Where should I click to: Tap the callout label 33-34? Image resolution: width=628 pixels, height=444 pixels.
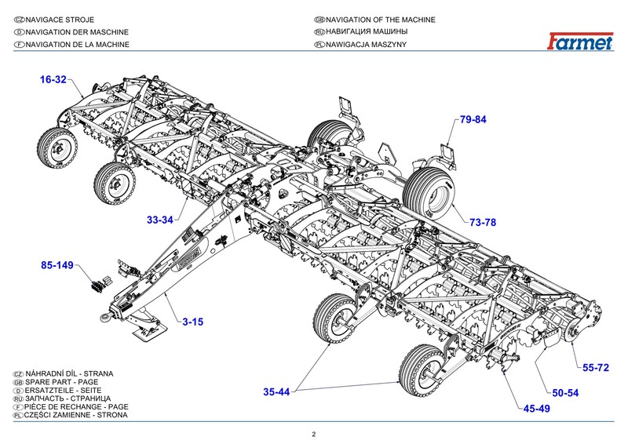[x=159, y=220]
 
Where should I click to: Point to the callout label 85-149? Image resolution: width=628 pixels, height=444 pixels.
[x=57, y=266]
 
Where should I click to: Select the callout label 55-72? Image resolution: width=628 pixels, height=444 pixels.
[x=596, y=367]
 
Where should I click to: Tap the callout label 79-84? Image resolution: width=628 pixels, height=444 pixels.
[x=473, y=120]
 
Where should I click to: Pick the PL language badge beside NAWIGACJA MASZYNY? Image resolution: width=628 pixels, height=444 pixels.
[x=319, y=45]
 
